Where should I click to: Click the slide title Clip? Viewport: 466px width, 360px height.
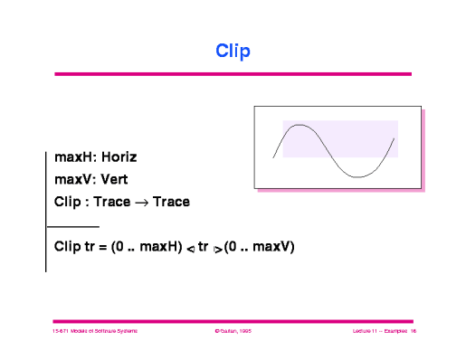coord(233,51)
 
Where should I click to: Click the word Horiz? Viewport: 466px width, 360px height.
coord(119,156)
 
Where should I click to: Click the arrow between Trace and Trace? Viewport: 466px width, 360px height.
coord(142,202)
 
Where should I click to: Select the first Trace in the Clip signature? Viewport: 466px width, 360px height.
coord(112,202)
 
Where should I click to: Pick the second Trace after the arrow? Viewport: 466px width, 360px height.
coord(171,202)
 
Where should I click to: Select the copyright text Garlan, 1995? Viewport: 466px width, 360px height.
coord(234,332)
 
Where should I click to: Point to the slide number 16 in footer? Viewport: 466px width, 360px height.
coord(412,332)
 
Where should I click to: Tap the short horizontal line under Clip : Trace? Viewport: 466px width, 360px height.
coord(72,225)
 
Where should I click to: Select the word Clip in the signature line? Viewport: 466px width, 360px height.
coord(67,202)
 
